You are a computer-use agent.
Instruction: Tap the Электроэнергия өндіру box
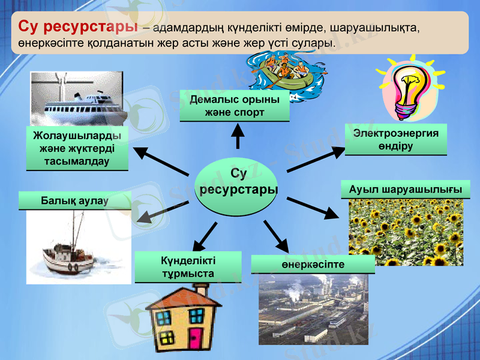coord(396,139)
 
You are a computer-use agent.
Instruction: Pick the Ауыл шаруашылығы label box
coord(405,189)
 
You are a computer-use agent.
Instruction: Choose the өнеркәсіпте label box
coord(313,264)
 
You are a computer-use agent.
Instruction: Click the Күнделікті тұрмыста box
coord(188,267)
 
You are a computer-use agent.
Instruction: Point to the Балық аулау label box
coord(75,200)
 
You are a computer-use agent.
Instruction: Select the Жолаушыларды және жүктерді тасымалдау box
coord(77,148)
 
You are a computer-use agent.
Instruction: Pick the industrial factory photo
coord(313,309)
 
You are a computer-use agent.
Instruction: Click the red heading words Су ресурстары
coord(77,27)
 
